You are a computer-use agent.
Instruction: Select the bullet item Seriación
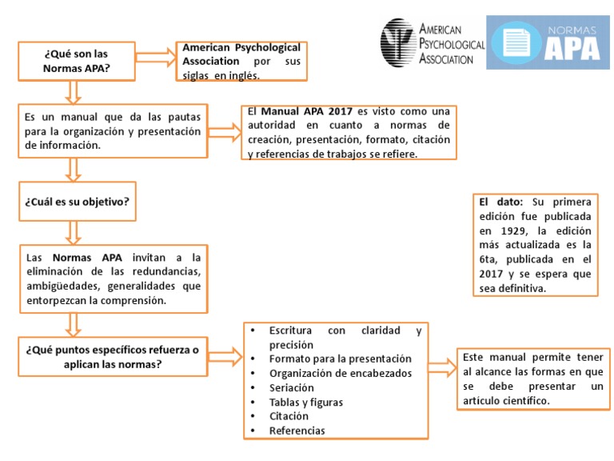[x=293, y=387]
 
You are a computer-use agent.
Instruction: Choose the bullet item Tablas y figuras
[x=306, y=402]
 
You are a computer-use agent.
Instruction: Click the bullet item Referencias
[x=297, y=431]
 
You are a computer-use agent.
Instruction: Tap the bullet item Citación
[x=289, y=416]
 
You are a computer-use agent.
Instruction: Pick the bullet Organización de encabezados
[x=341, y=373]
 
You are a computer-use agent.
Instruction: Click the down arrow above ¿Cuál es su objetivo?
[x=74, y=169]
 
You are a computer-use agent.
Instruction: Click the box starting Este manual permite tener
[x=531, y=378]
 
